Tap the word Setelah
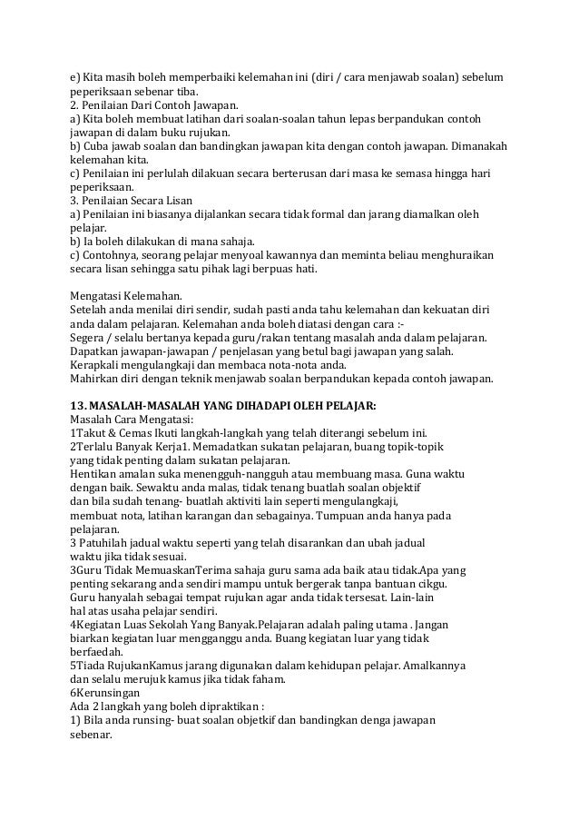click(x=90, y=311)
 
